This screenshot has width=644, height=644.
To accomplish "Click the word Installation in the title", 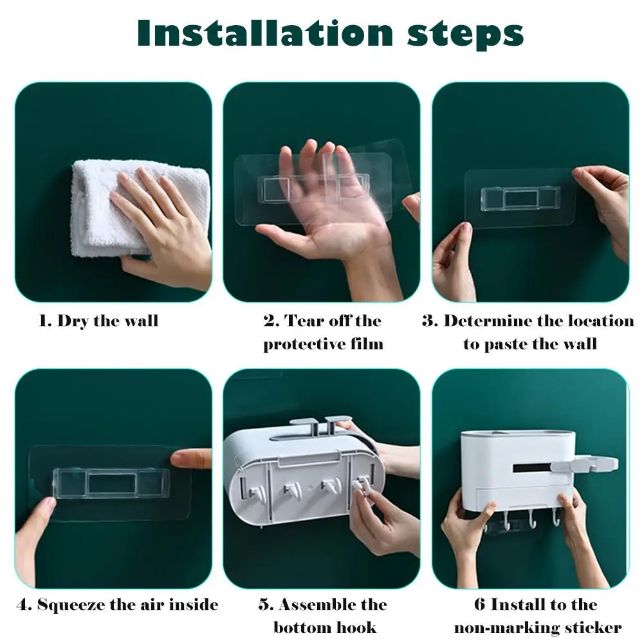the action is point(266,33).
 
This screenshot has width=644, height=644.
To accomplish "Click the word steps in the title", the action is point(466,35).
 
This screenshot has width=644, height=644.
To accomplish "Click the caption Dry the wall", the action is point(107,321).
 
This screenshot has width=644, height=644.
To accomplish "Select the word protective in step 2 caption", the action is point(304,344).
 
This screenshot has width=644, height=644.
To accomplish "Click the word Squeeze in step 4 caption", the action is point(71,605).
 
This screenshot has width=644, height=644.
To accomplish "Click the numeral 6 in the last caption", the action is point(480,605).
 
